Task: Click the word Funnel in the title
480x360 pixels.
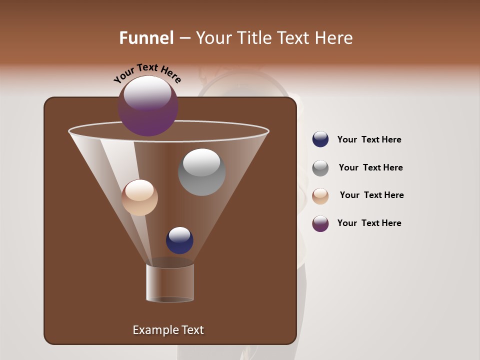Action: [146, 38]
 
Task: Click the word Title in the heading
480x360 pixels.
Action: [254, 38]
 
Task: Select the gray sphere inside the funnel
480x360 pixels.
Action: [201, 172]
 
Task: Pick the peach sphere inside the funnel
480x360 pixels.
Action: [139, 197]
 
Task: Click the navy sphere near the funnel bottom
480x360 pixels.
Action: [179, 240]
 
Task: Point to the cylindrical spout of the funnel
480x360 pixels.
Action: [170, 282]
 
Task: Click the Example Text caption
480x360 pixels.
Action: [168, 330]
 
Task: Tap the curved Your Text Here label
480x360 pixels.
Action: [147, 73]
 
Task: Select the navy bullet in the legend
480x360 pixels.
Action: [320, 139]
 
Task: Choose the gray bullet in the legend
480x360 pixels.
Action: [320, 168]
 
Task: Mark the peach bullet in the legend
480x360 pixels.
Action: [320, 196]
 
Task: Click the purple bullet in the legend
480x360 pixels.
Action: [320, 223]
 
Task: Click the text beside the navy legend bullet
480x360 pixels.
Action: [369, 139]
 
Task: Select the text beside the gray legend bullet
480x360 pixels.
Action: [370, 167]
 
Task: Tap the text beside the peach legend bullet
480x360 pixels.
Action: [371, 195]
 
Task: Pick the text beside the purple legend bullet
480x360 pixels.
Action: [369, 223]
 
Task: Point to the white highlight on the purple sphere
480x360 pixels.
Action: [147, 93]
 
